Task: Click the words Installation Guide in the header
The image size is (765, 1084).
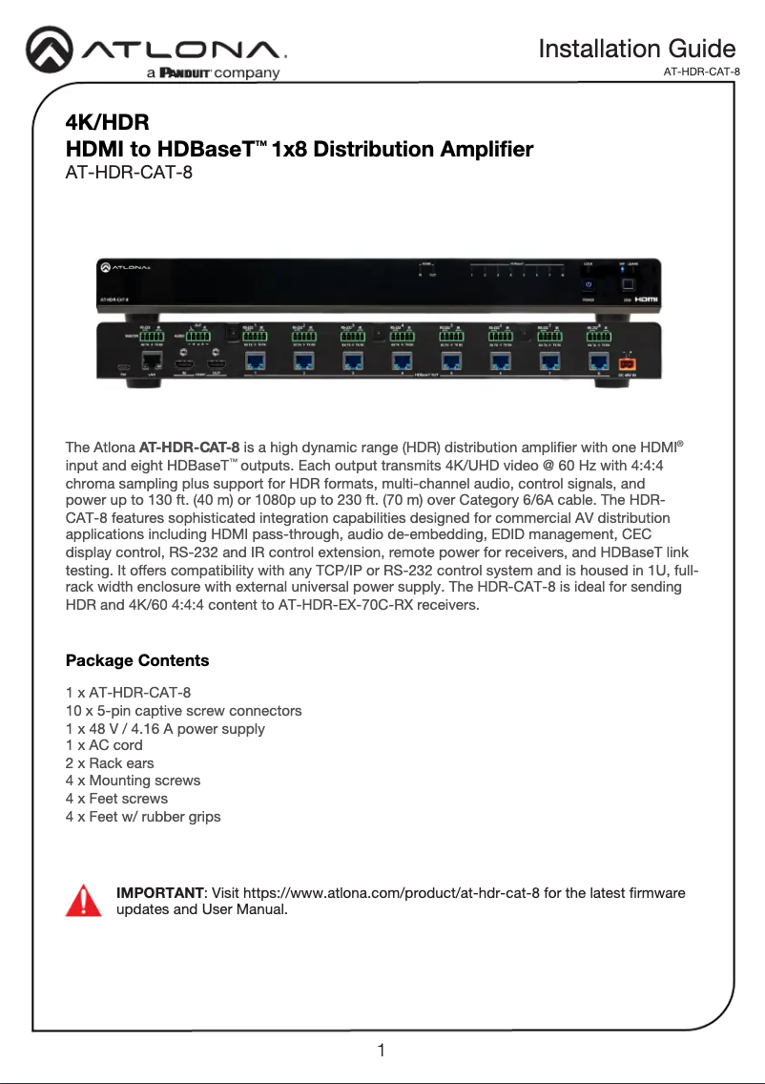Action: coord(636,49)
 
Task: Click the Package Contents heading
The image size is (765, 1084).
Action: coord(137,660)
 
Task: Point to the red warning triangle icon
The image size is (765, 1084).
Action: coord(83,900)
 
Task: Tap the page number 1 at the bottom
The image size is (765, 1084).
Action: coord(382,1052)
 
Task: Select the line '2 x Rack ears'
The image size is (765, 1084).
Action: coord(110,763)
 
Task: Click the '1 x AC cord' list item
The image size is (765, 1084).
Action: coord(104,745)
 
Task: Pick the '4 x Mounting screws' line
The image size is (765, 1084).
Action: coord(133,781)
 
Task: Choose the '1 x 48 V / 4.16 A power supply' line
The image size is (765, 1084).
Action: coord(165,728)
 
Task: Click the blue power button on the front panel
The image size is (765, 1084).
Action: coord(589,283)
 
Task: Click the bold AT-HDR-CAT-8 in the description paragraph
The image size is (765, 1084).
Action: coord(189,447)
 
